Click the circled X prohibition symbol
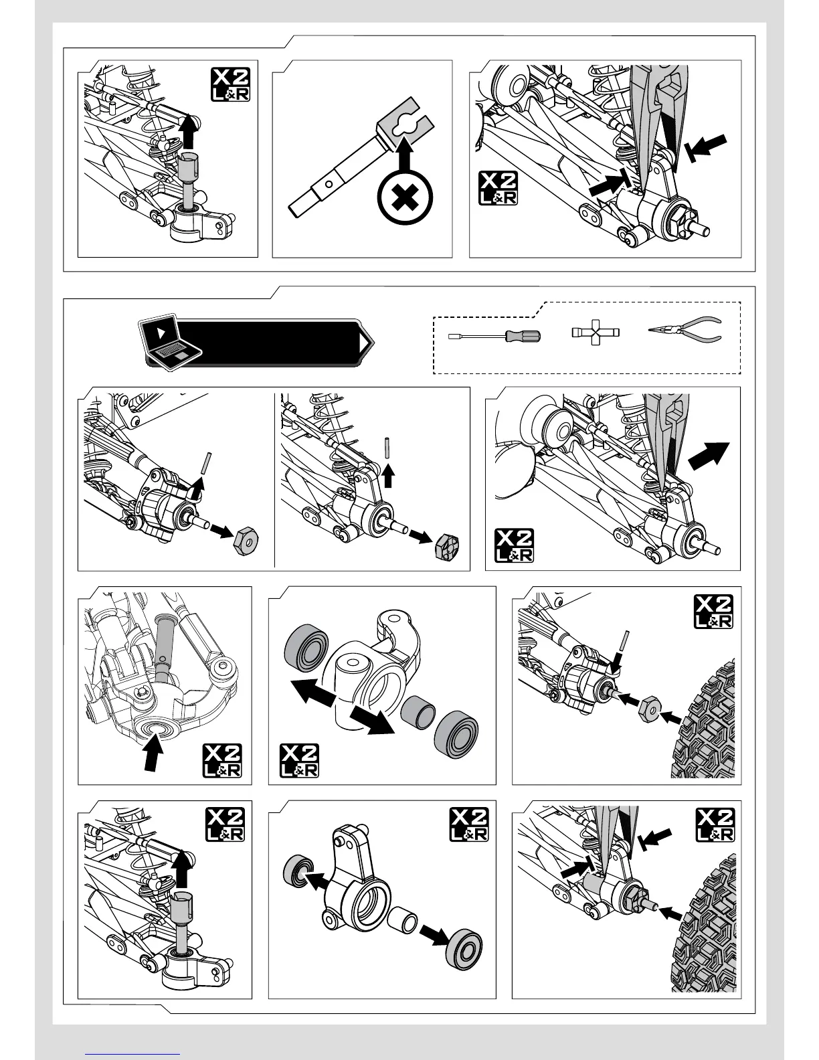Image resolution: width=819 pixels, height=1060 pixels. click(x=405, y=198)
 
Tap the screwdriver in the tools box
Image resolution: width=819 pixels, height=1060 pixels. click(x=494, y=335)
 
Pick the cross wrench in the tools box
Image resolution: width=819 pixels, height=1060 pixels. click(x=595, y=332)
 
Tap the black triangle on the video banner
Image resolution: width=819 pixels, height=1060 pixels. click(x=364, y=343)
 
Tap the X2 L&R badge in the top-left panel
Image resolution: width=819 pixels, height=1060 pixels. click(x=231, y=84)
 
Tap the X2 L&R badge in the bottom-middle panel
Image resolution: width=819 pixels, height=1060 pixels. click(x=469, y=824)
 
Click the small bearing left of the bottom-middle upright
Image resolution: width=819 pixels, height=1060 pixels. click(x=298, y=871)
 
